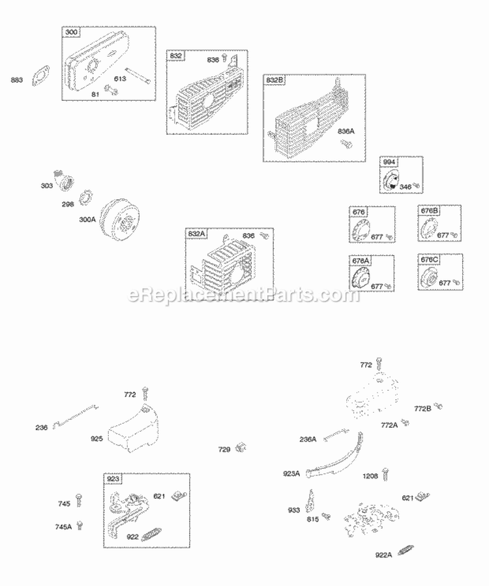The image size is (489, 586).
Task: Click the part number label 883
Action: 16,80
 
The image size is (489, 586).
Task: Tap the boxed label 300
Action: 70,32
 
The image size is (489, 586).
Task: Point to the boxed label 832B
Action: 274,80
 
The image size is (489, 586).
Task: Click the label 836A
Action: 346,131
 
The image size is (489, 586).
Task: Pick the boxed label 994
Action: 390,161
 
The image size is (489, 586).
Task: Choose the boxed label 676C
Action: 428,260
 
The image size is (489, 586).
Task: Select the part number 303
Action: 46,186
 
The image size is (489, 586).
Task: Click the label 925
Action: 96,439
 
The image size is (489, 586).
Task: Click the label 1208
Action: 370,476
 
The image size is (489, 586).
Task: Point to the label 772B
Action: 422,409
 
